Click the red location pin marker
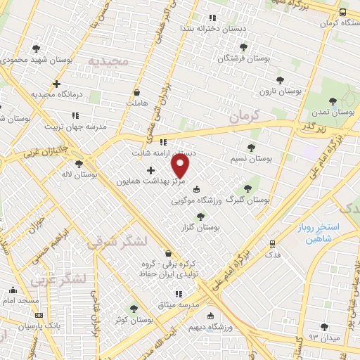181,166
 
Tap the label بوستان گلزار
200,228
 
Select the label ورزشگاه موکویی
207,200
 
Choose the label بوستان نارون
280,91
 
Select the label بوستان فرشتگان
243,58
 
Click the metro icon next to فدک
272,244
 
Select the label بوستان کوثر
134,319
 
